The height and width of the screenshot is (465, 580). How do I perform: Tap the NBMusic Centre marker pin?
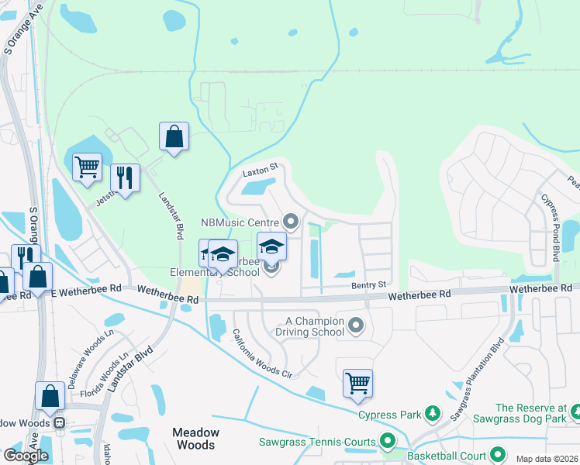tap(292, 222)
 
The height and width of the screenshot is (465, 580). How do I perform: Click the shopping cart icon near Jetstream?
tap(87, 166)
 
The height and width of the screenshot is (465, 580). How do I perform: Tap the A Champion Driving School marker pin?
tap(356, 325)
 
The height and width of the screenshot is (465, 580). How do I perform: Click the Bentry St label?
tap(368, 286)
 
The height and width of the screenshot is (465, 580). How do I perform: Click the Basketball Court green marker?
tap(497, 456)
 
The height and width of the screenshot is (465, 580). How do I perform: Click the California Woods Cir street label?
tap(261, 353)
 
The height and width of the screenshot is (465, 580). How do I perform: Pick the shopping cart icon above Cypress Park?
tap(357, 382)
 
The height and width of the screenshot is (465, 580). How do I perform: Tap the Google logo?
tap(26, 456)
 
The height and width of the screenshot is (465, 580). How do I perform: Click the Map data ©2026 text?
tap(546, 459)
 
